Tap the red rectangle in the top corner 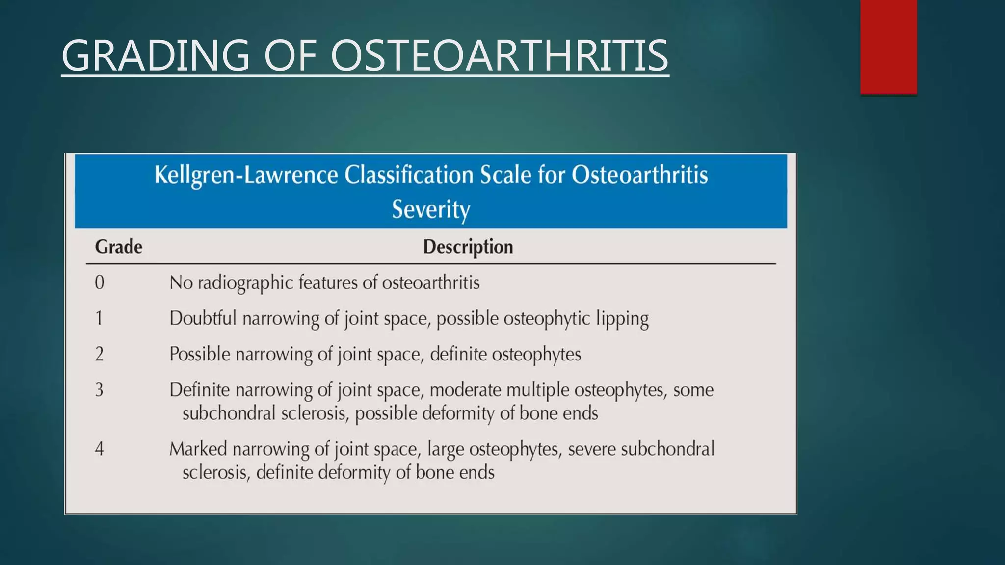pos(888,47)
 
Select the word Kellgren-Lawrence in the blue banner pos(246,176)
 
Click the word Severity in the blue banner pos(431,209)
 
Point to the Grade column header pos(118,247)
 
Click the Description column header pos(468,247)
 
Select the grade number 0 pos(99,283)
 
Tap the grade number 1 pos(99,319)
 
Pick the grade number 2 pos(99,354)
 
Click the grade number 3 pos(99,390)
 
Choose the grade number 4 pos(99,449)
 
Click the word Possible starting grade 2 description pos(199,354)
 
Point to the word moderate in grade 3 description pos(465,390)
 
